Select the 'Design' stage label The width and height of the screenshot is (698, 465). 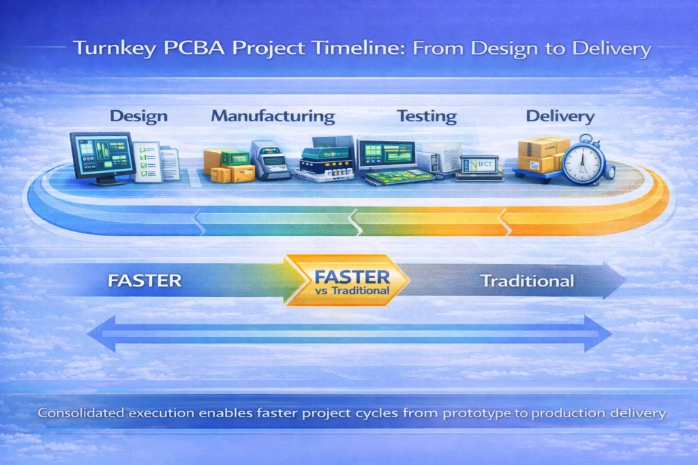[138, 116]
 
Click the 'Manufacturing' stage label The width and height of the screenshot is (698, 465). [273, 116]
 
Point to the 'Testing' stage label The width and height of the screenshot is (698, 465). [427, 116]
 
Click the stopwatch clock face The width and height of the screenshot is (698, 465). [583, 162]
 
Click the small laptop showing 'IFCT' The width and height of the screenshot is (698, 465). [480, 165]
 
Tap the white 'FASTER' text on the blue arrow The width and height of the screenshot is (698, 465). [145, 280]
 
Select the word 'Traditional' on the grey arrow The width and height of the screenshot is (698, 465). [527, 280]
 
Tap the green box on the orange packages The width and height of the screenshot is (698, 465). [234, 158]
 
